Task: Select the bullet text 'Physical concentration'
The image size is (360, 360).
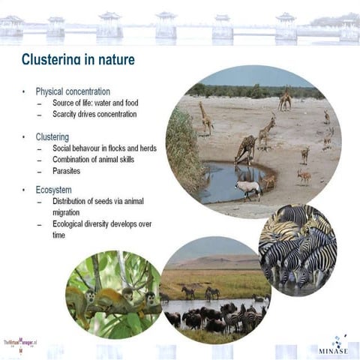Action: click(73, 91)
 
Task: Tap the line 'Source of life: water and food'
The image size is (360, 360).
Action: click(95, 103)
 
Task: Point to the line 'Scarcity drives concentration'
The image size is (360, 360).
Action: click(94, 114)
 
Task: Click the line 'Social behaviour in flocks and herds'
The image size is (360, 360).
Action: click(104, 148)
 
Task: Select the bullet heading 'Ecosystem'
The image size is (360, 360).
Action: click(54, 190)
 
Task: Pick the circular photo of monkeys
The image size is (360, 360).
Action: click(112, 294)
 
